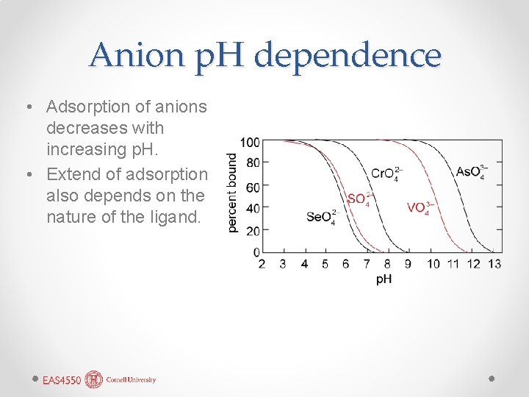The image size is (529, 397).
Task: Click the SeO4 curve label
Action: coord(321,217)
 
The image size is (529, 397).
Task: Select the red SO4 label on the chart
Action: coord(359,198)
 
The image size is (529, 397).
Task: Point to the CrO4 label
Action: coord(387,174)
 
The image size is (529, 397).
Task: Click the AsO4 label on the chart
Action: coord(471,172)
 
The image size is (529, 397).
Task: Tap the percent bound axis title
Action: coord(232,193)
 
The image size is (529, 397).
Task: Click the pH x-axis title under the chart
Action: coord(384,279)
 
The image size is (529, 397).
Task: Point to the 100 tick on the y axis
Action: coord(250,142)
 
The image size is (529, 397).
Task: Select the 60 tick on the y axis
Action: coord(253,187)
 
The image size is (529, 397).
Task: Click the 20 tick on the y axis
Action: coord(253,230)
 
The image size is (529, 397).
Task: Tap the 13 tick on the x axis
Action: coord(494,264)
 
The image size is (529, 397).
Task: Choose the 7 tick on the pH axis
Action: coord(366,264)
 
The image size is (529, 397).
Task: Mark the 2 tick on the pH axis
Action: coord(262,264)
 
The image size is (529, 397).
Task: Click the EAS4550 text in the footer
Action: coord(62,380)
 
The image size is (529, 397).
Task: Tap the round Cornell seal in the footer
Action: coord(94,379)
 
